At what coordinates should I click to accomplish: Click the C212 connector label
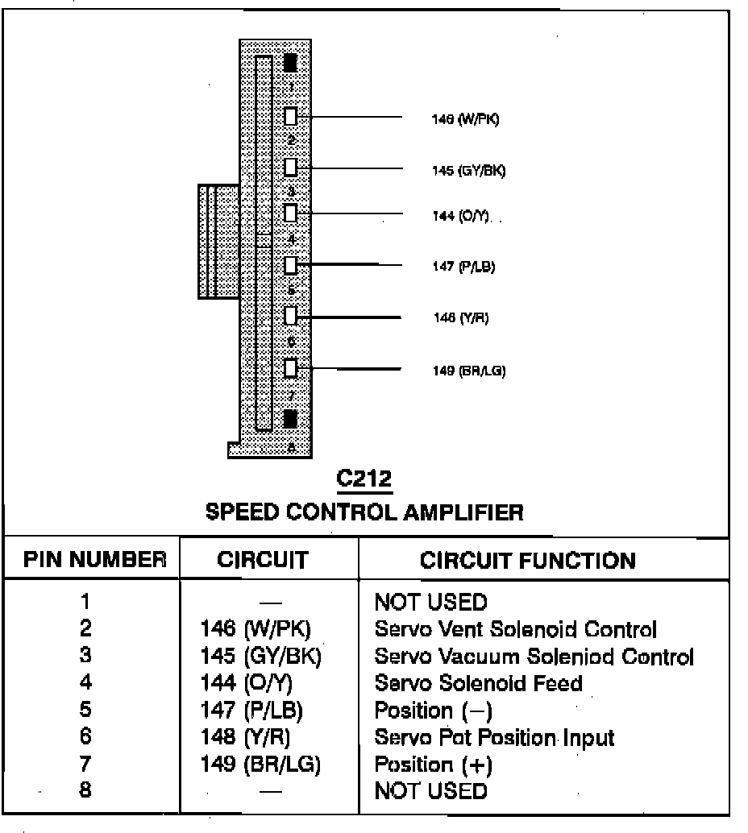click(x=364, y=479)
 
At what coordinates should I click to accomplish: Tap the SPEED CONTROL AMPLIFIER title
click(x=364, y=512)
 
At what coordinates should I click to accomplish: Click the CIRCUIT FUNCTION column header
click(x=528, y=560)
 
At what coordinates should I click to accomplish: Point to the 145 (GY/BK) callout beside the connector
click(x=469, y=171)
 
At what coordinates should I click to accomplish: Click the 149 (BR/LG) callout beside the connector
click(x=469, y=371)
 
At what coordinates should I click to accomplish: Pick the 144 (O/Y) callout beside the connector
click(x=460, y=218)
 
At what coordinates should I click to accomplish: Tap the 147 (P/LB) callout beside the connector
click(x=463, y=267)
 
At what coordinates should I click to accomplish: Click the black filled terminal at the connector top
click(x=291, y=62)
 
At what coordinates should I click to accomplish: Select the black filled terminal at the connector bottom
click(x=291, y=418)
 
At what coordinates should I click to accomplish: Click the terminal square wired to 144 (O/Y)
click(x=291, y=213)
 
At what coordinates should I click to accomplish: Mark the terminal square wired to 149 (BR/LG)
click(x=291, y=368)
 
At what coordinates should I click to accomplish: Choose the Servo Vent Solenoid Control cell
click(x=516, y=629)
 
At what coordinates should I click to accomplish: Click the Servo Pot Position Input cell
click(x=494, y=737)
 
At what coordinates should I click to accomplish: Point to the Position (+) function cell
click(x=434, y=764)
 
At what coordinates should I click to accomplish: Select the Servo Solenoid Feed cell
click(x=479, y=683)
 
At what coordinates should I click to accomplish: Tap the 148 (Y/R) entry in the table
click(x=245, y=737)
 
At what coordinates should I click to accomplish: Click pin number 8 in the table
click(x=85, y=790)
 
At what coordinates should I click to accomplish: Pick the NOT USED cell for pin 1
click(x=431, y=602)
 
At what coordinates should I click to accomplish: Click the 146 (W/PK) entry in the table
click(x=255, y=629)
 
